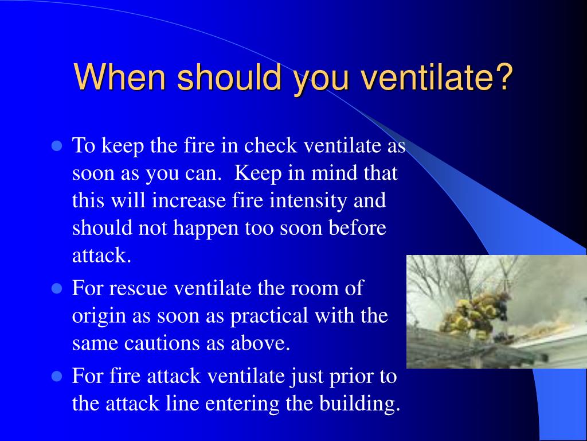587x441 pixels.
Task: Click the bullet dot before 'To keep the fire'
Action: (x=57, y=146)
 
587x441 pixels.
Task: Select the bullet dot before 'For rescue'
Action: (x=57, y=288)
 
